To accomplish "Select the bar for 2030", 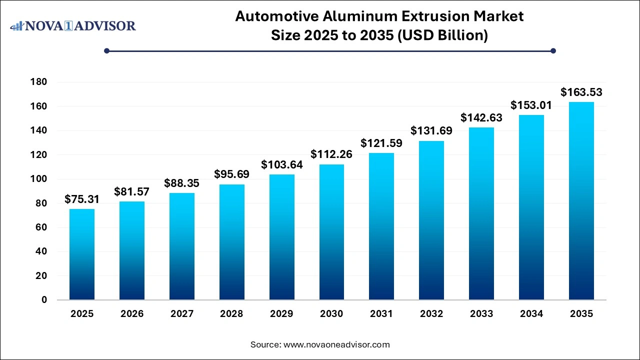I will click(331, 232).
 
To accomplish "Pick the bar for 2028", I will click(231, 242).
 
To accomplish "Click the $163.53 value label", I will click(581, 92).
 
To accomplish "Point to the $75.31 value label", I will click(82, 199).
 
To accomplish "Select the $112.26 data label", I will click(331, 154).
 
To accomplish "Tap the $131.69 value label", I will click(431, 130).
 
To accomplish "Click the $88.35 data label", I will click(181, 183).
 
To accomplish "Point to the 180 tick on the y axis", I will click(38, 82).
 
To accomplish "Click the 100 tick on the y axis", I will click(38, 179).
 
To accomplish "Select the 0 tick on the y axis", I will click(44, 300).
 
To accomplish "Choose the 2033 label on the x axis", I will click(481, 314).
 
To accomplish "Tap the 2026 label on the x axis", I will click(132, 314).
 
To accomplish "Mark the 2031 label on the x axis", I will click(381, 314).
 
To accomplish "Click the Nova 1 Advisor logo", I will click(73, 25).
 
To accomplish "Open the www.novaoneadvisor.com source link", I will click(336, 344).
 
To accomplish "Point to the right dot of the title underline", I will click(553, 50).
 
